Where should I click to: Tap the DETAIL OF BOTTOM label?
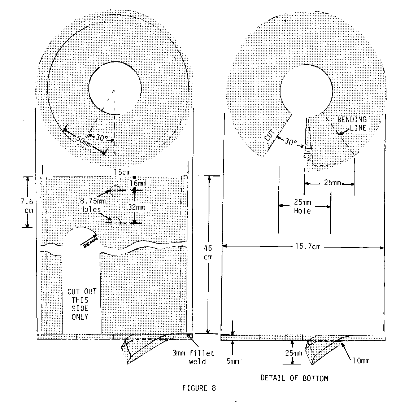point(294,378)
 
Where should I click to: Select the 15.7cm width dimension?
point(303,247)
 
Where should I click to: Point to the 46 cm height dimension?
point(208,253)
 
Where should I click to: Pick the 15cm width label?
point(122,172)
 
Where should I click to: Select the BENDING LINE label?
point(352,123)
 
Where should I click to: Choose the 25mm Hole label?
point(302,207)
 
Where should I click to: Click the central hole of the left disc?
point(115,88)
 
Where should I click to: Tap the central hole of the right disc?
point(306,88)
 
